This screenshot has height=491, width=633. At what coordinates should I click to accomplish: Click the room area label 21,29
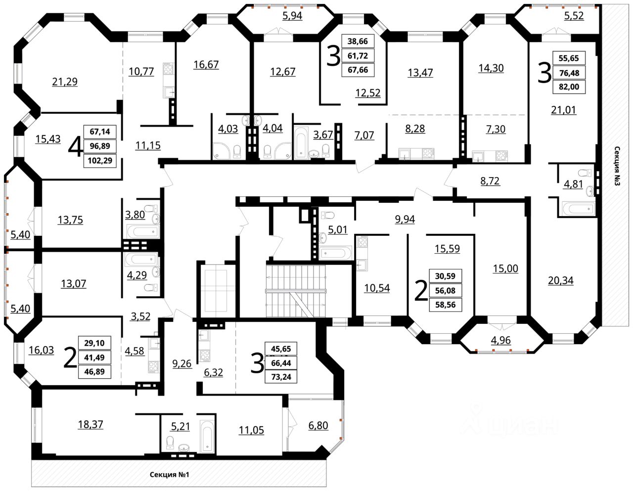65,82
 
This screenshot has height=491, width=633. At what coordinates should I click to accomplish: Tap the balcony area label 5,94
292,16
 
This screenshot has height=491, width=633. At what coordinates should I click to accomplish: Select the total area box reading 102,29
100,161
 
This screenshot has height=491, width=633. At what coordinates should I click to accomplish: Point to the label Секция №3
617,166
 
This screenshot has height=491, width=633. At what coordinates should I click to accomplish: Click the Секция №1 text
170,475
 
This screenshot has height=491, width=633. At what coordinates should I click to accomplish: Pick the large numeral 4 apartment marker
75,147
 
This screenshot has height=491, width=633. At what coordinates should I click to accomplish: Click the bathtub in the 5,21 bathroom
207,436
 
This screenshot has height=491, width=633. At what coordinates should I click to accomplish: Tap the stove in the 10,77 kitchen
168,68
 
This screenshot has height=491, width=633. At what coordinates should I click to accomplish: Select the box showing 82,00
569,87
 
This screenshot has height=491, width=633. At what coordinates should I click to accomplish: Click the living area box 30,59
445,276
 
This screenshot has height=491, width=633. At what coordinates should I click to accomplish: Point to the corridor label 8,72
490,181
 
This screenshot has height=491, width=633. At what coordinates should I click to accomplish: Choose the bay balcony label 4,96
501,340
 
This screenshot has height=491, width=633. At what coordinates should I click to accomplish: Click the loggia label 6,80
318,426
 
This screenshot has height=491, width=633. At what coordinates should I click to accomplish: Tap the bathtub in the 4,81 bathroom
578,209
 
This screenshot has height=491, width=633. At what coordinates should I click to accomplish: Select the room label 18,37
90,425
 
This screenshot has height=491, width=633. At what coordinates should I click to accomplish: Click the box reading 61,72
358,55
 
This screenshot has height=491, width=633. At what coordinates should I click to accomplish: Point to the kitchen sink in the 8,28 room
405,154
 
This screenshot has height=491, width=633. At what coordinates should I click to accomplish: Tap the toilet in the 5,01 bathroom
327,215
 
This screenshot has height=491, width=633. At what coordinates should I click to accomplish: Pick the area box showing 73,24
281,377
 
